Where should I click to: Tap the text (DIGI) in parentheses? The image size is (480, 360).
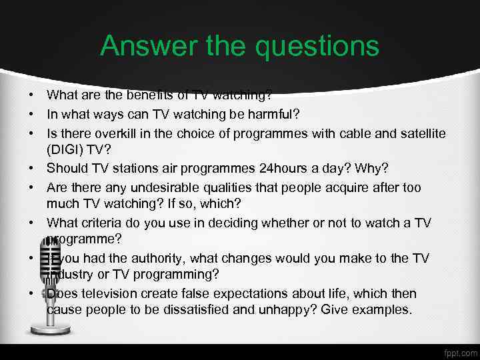click(68, 151)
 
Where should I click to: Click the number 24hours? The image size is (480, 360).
click(269, 168)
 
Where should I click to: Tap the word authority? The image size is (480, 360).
click(173, 258)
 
